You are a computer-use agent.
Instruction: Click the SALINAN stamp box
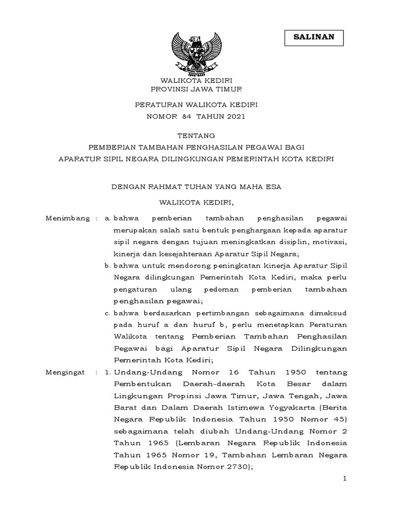click(314, 37)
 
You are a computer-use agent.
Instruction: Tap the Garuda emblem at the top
click(196, 51)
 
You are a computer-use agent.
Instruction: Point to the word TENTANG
click(196, 136)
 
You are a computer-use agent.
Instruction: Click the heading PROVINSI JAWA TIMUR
click(196, 89)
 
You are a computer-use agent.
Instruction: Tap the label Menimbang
click(67, 218)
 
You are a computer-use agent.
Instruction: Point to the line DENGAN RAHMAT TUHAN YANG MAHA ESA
click(196, 187)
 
